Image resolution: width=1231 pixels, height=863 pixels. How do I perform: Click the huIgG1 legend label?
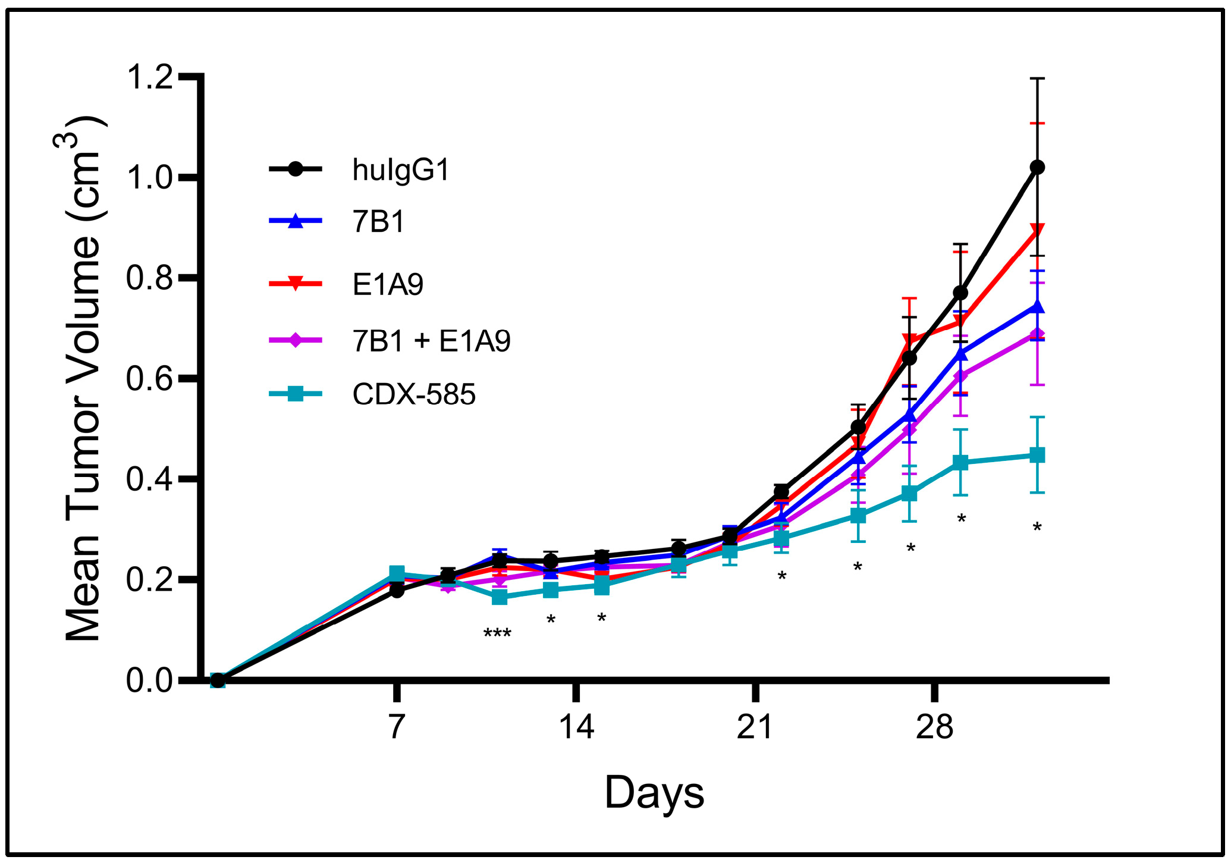(x=401, y=170)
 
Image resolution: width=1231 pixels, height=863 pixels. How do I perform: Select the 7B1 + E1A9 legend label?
(x=431, y=341)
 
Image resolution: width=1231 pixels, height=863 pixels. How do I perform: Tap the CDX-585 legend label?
(x=414, y=394)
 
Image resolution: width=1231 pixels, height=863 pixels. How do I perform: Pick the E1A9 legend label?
(x=388, y=284)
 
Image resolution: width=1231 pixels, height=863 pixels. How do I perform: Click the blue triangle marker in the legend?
(x=296, y=221)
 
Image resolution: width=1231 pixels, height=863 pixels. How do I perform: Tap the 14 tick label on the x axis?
(x=576, y=727)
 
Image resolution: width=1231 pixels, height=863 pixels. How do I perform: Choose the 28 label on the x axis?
(x=934, y=727)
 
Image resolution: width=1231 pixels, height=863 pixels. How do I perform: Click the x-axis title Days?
(x=654, y=793)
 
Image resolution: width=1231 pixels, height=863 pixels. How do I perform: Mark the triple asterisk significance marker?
(x=497, y=633)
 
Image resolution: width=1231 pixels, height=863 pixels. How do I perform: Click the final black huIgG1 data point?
(x=1037, y=167)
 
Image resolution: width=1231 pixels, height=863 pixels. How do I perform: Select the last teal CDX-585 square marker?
(x=1037, y=456)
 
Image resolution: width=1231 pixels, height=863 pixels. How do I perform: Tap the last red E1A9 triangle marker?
(x=1037, y=231)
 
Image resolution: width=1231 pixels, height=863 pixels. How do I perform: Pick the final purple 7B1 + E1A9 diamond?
(x=1037, y=334)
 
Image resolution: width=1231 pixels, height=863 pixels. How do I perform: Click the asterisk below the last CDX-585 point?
(x=1037, y=527)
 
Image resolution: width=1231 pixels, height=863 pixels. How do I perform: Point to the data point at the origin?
(x=218, y=680)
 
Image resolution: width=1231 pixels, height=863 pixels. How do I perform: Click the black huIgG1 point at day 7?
(x=397, y=591)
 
